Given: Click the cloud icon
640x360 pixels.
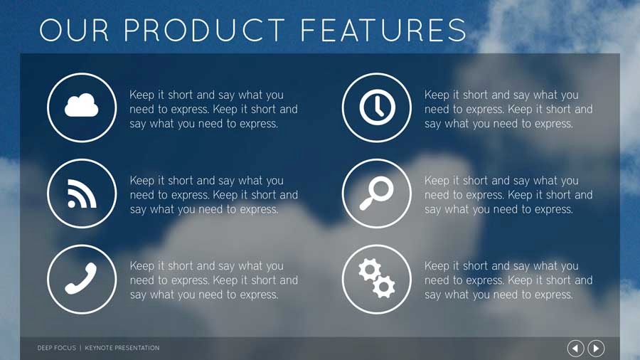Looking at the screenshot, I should point(82,107).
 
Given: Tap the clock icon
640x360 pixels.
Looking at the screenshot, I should point(376,107).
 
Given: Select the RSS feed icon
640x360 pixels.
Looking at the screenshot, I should point(82,194).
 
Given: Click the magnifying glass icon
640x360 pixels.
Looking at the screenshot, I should point(376,194).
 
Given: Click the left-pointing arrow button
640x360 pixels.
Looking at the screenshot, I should point(575,348).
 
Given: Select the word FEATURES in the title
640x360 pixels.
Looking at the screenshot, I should point(383,30).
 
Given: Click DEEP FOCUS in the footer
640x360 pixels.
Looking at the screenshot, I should point(56,348).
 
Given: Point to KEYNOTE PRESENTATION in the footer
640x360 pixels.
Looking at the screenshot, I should point(122,348).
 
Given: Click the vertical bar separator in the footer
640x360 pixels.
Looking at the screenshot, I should point(80,348).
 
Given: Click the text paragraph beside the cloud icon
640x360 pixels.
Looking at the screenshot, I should point(213,109).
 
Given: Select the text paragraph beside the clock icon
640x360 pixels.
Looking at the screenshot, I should point(508,109).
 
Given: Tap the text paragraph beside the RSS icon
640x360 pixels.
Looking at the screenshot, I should point(213,195).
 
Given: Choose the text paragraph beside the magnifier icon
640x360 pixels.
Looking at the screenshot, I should point(508,195).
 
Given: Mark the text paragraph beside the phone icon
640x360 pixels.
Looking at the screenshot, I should point(213,280).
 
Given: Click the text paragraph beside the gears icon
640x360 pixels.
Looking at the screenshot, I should point(508,280).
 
